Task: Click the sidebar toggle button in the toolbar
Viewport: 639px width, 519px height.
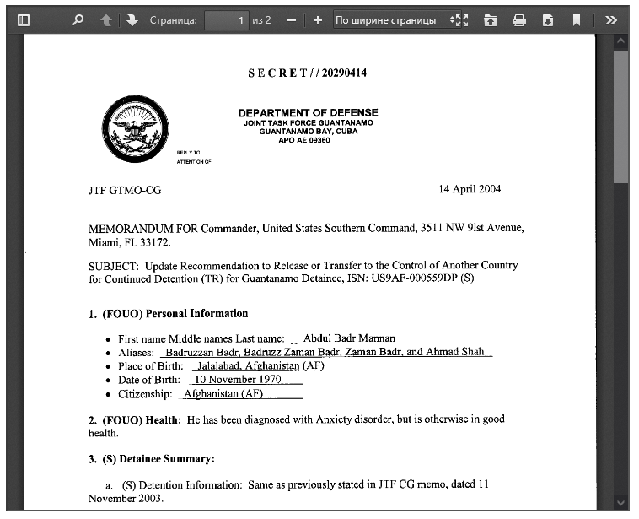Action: (24, 19)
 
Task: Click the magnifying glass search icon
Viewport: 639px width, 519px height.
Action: (78, 19)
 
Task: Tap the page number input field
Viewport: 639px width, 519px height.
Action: (227, 19)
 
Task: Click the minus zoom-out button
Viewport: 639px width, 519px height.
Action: (291, 19)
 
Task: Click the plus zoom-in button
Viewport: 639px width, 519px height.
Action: (317, 19)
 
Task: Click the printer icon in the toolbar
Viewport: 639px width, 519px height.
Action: (519, 19)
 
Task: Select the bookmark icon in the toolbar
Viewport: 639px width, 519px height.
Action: (577, 19)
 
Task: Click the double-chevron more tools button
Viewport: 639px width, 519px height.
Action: (611, 19)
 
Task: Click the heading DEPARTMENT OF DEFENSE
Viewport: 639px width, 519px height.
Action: (308, 113)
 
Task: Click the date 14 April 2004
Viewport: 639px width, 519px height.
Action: (470, 188)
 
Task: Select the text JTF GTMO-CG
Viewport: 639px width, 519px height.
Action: (124, 190)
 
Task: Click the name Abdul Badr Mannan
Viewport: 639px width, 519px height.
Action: (348, 338)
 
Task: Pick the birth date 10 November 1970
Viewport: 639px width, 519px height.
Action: (239, 380)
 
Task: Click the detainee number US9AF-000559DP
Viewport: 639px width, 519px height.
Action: (414, 278)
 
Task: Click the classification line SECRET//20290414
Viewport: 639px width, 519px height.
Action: (307, 73)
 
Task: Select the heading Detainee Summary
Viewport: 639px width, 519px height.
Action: (169, 459)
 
